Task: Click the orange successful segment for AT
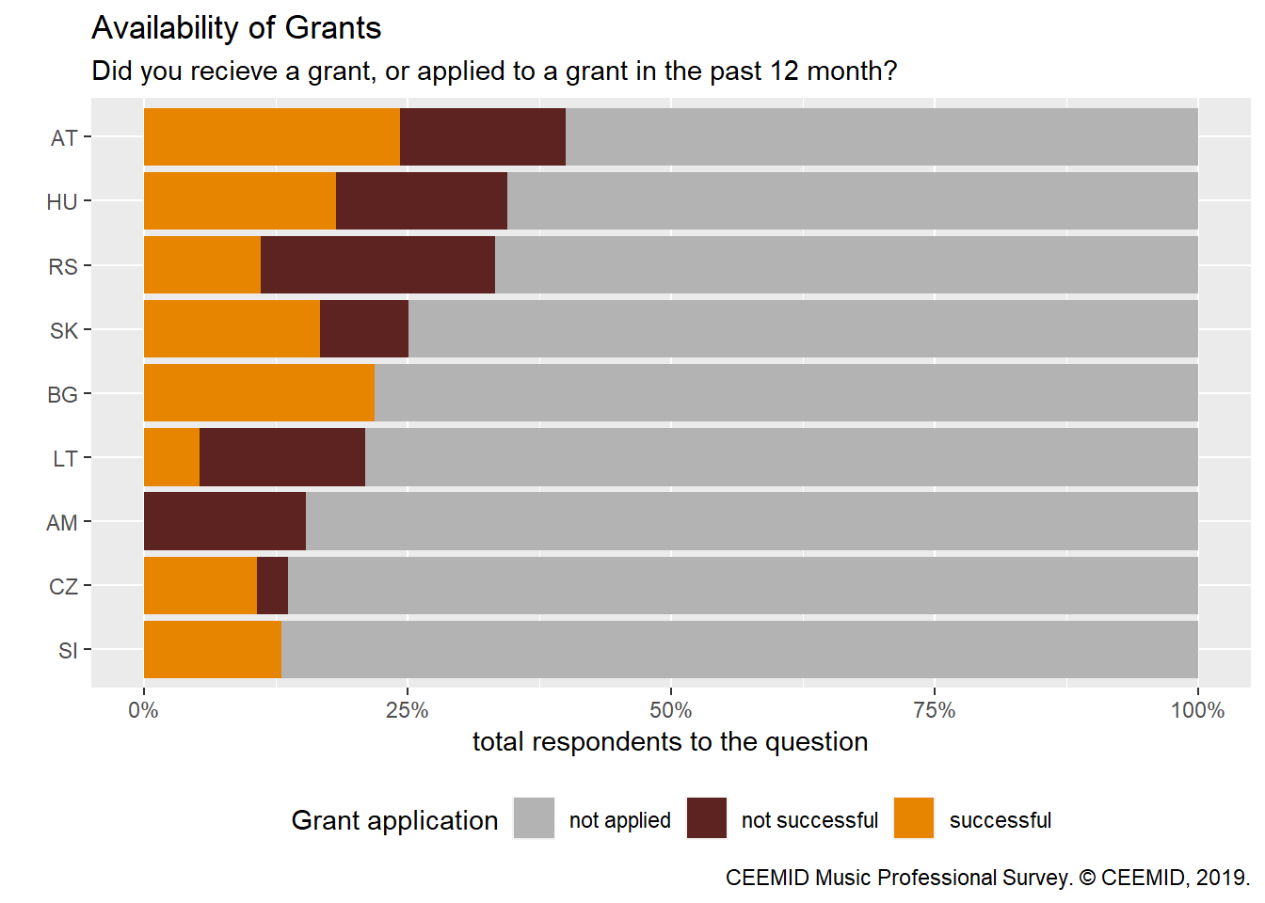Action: tap(271, 137)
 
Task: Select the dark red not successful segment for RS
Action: tap(377, 265)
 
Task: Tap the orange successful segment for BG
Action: tap(259, 393)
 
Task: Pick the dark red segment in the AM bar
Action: tap(225, 521)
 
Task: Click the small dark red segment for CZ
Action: tap(272, 585)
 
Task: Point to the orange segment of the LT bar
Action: tap(171, 457)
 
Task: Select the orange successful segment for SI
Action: tap(213, 649)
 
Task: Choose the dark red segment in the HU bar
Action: tap(422, 201)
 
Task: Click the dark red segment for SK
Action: tap(364, 329)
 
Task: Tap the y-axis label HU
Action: tap(62, 202)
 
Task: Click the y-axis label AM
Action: tap(62, 522)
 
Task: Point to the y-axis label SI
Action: tap(68, 650)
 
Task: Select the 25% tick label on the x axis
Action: tap(408, 711)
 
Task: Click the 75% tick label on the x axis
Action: tap(935, 711)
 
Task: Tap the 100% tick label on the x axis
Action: tap(1197, 711)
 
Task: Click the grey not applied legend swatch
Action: tap(534, 818)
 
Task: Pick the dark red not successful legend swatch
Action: tap(707, 818)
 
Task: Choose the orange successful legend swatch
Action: tap(914, 818)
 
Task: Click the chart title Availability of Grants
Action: tap(236, 28)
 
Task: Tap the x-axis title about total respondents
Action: tap(670, 742)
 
